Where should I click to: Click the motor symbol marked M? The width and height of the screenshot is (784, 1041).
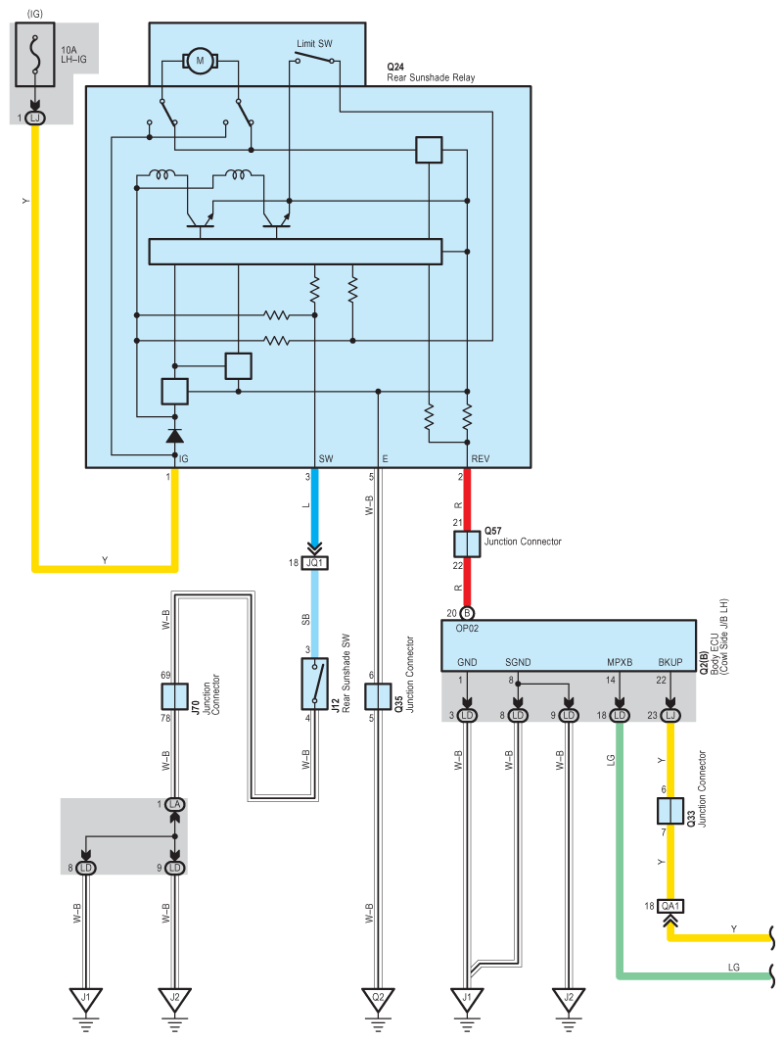coord(201,62)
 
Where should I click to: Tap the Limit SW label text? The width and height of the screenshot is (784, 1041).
coord(314,44)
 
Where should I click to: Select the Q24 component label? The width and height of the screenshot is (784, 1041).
coord(396,67)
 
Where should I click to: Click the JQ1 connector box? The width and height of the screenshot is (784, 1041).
coord(315,563)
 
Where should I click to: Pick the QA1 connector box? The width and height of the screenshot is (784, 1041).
coord(670,906)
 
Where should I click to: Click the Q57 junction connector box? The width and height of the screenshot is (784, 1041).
coord(467,544)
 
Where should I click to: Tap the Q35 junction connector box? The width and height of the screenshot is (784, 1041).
coord(378,697)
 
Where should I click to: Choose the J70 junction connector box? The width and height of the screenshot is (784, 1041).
coord(174,697)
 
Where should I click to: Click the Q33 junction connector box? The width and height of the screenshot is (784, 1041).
coord(670,812)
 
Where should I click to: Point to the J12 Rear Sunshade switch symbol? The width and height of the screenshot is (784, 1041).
coord(315,683)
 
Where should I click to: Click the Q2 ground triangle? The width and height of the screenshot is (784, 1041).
coord(378,1000)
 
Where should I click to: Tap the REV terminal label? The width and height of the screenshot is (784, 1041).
coord(480,458)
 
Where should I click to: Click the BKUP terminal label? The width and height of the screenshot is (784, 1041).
coord(670,663)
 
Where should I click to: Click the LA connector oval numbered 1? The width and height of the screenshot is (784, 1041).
coord(175,804)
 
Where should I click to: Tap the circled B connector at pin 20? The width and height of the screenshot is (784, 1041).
coord(467,613)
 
